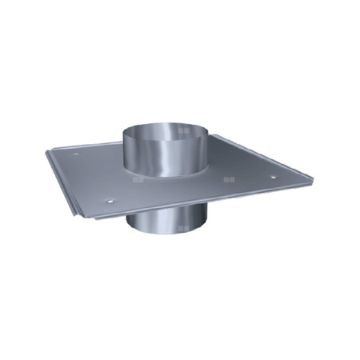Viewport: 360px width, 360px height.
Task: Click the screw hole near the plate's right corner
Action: click(x=272, y=177)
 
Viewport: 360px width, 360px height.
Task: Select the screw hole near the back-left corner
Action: click(x=76, y=154)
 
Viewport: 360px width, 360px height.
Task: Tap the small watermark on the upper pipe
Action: click(x=184, y=131)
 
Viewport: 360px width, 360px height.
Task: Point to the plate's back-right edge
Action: click(x=264, y=155)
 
